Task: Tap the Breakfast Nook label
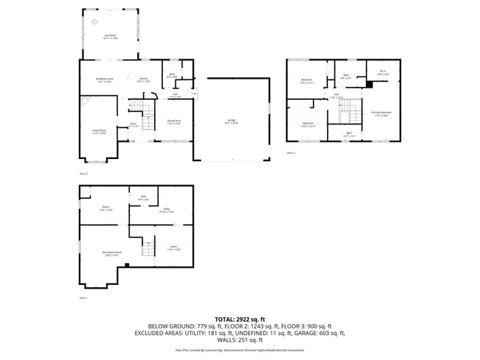[104, 79]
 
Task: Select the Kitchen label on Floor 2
[142, 79]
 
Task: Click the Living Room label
[99, 131]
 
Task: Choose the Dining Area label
[173, 121]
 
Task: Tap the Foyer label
[133, 124]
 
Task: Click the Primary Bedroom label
[381, 113]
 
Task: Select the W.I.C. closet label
[382, 73]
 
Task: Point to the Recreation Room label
[102, 254]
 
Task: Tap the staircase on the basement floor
[147, 244]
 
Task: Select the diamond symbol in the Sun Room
[94, 22]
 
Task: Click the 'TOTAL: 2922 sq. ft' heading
[240, 319]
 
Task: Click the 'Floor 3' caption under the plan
[291, 153]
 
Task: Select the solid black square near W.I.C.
[368, 85]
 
